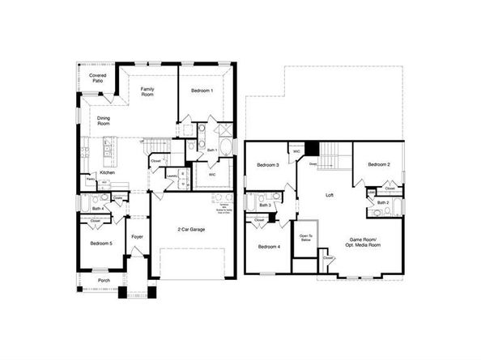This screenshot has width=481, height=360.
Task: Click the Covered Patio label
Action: (x=98, y=78)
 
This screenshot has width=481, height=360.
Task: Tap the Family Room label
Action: (x=147, y=91)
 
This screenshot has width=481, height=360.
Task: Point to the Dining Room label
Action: (x=104, y=121)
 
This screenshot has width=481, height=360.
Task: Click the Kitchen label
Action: (x=107, y=172)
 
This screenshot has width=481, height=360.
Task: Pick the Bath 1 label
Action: (x=211, y=150)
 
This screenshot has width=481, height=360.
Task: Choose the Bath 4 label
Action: (x=97, y=210)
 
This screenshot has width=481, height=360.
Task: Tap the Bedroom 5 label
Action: (x=100, y=243)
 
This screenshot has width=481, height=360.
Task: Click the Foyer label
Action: (x=137, y=237)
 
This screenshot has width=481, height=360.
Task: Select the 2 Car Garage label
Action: (x=191, y=231)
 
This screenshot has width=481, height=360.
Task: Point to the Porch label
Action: (x=104, y=281)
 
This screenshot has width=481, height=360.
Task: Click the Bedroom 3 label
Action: (x=268, y=165)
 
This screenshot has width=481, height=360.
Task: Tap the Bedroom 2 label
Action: (x=378, y=165)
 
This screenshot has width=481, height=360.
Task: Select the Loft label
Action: (x=330, y=195)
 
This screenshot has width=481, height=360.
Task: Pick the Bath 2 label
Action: (x=382, y=201)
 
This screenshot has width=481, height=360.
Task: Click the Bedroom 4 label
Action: (x=269, y=246)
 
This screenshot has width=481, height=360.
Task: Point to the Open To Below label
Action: (x=305, y=237)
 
